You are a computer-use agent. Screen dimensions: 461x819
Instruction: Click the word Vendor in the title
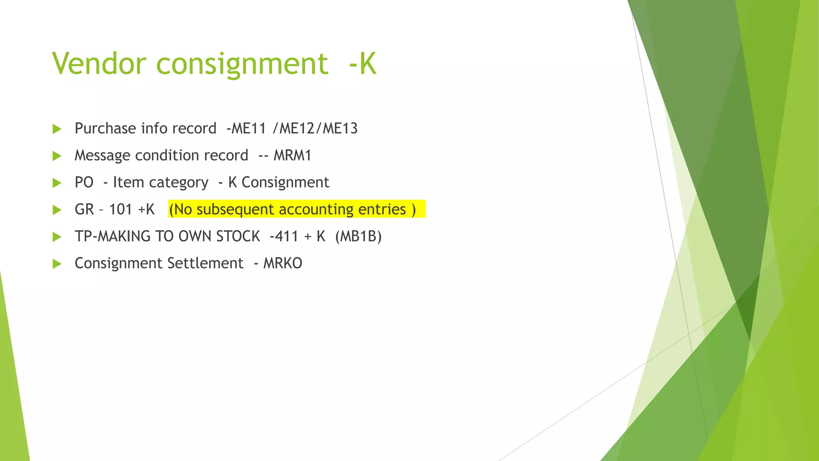pyautogui.click(x=99, y=64)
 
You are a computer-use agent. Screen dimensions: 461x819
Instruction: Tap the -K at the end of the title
pyautogui.click(x=362, y=64)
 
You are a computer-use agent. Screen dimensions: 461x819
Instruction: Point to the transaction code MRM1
pyautogui.click(x=292, y=155)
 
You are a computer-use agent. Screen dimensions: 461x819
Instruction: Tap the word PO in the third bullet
pyautogui.click(x=84, y=182)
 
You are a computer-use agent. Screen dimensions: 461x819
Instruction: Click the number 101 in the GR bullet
pyautogui.click(x=120, y=209)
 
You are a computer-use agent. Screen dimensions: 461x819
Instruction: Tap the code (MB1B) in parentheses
pyautogui.click(x=358, y=237)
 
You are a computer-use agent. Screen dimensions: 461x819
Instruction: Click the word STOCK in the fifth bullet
pyautogui.click(x=238, y=237)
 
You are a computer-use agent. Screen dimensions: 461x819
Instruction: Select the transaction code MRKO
pyautogui.click(x=283, y=263)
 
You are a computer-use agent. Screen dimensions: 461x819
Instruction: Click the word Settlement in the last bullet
pyautogui.click(x=205, y=263)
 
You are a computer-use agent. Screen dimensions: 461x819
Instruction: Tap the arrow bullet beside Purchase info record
pyautogui.click(x=57, y=129)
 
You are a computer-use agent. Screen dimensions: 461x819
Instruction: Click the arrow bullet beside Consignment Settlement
pyautogui.click(x=57, y=264)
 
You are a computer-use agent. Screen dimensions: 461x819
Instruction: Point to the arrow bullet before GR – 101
pyautogui.click(x=57, y=210)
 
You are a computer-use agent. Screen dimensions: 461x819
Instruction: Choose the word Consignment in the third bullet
pyautogui.click(x=285, y=182)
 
